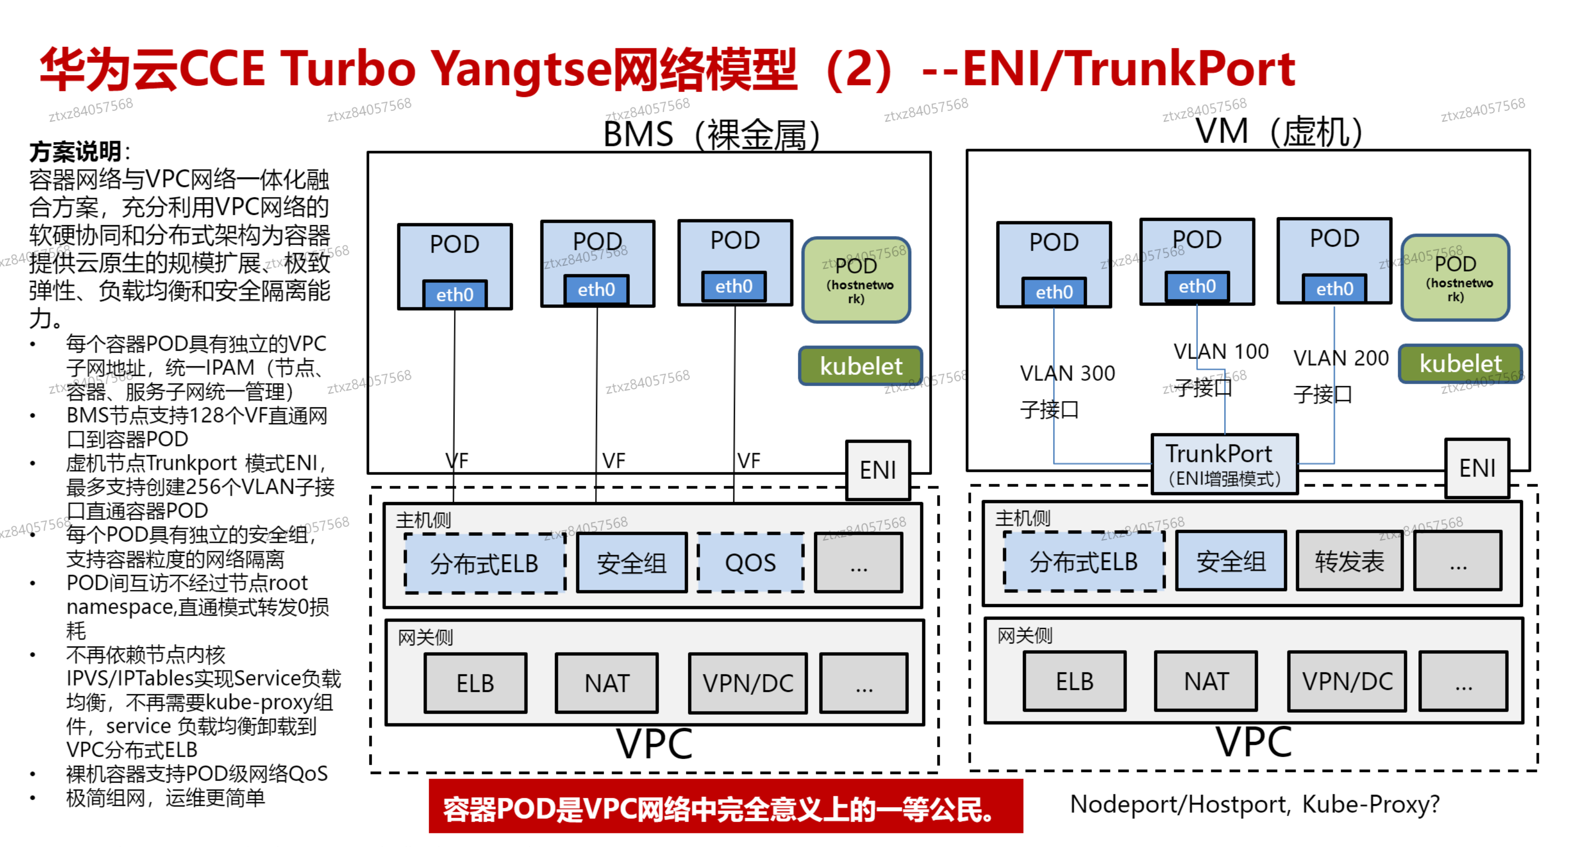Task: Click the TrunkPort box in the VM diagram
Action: pyautogui.click(x=1224, y=464)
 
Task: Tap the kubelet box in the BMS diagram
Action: pyautogui.click(x=861, y=366)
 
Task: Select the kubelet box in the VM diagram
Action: pyautogui.click(x=1460, y=363)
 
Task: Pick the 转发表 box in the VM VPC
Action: pyautogui.click(x=1349, y=561)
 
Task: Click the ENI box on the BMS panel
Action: pyautogui.click(x=877, y=470)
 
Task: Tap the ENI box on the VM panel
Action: pyautogui.click(x=1476, y=468)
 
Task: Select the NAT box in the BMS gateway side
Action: pyautogui.click(x=606, y=683)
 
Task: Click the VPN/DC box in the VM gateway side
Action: pyautogui.click(x=1347, y=681)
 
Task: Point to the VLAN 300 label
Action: pyautogui.click(x=1067, y=373)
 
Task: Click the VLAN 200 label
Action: pyautogui.click(x=1341, y=358)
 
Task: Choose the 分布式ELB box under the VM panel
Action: pyautogui.click(x=1083, y=561)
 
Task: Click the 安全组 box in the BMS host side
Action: pyautogui.click(x=631, y=562)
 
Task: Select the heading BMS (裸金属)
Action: pyautogui.click(x=711, y=134)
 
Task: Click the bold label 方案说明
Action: pyautogui.click(x=75, y=151)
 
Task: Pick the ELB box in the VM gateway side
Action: pyautogui.click(x=1074, y=681)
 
